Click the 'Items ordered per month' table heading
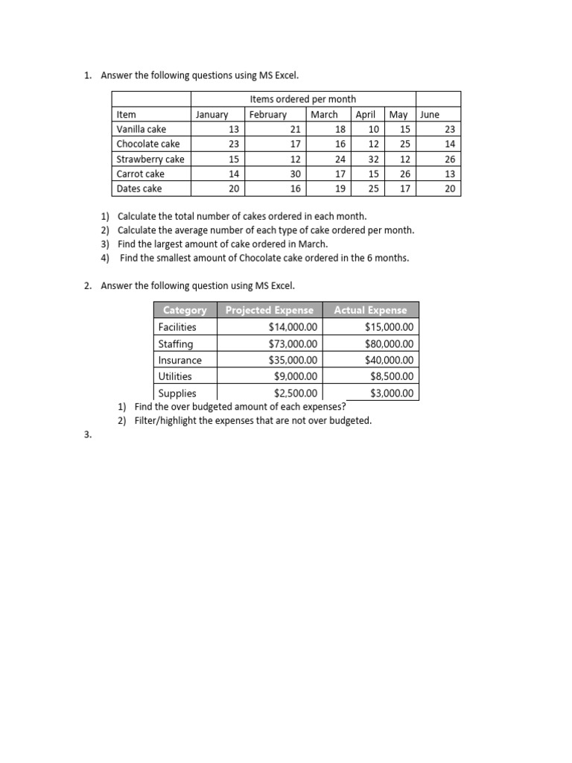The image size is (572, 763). tap(302, 99)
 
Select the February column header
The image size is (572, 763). tap(268, 115)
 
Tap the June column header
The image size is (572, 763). tap(430, 115)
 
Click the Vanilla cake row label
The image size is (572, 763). tap(142, 130)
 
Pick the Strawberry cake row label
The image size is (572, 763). tap(150, 159)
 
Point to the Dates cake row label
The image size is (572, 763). tap(139, 189)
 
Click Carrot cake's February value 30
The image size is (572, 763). tap(296, 174)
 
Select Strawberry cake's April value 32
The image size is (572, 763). tap(373, 159)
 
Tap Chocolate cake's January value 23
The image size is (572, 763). tap(234, 145)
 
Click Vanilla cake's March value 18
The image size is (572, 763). tap(340, 130)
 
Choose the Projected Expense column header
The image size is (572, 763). tap(270, 310)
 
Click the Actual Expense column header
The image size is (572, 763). tap(371, 310)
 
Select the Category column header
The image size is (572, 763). tap(185, 310)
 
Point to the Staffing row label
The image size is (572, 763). tap(176, 343)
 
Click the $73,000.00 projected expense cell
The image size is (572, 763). tap(293, 343)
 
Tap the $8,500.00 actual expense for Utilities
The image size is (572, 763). tap(392, 377)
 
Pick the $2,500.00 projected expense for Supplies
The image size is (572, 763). tap(296, 393)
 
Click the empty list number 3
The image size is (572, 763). tap(88, 437)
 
